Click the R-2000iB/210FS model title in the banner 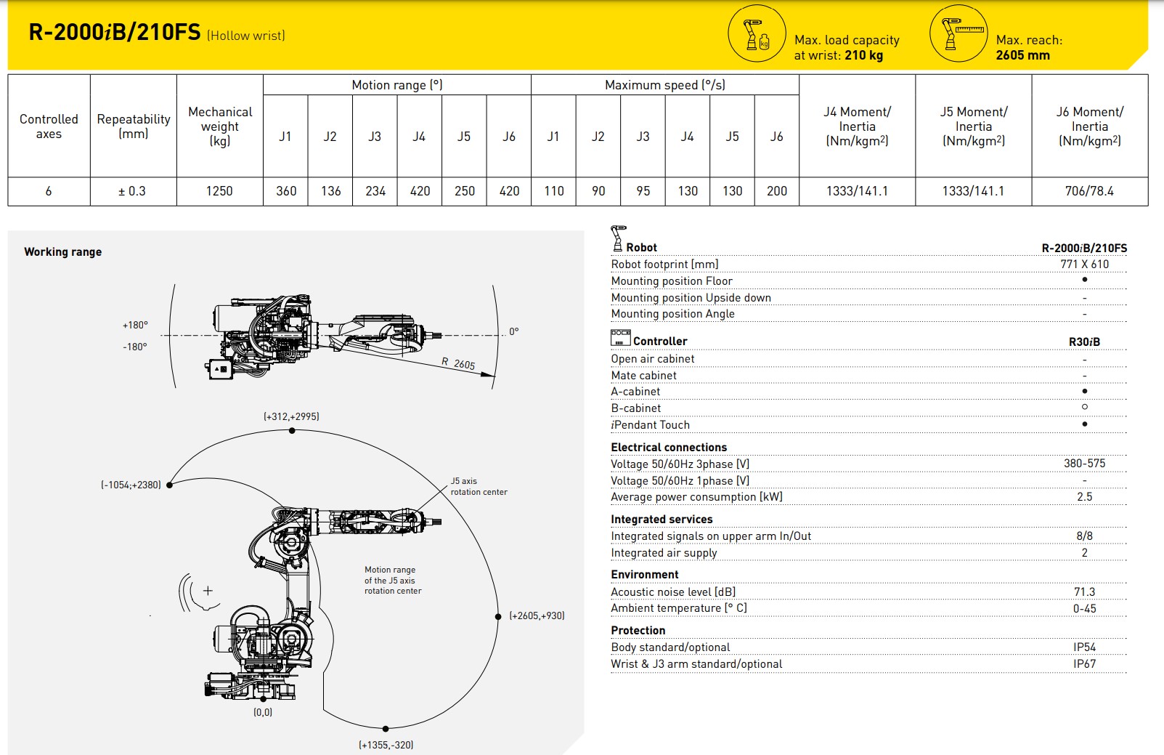114,33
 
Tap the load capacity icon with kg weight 757,34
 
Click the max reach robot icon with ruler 959,33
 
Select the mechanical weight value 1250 219,191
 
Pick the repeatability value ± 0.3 132,191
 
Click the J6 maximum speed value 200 776,191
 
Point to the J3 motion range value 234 375,191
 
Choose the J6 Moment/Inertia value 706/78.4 1088,191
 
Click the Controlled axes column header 49,126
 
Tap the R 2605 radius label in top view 458,363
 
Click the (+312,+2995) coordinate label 291,416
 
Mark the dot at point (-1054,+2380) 169,485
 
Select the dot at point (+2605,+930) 498,616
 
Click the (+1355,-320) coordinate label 386,745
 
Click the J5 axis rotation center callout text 478,486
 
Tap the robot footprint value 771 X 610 1084,265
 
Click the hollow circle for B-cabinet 1085,407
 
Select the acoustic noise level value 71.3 1084,592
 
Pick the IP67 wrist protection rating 1084,663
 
